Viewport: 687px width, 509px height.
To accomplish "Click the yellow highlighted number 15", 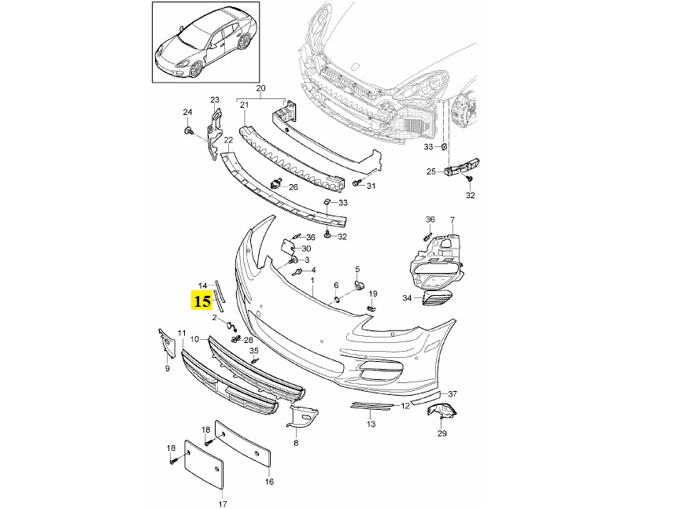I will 202,301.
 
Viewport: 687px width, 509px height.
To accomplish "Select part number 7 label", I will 452,219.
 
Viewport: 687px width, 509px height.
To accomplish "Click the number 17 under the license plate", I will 222,503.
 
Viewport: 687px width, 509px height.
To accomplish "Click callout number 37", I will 452,393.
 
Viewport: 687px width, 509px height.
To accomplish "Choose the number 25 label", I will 431,172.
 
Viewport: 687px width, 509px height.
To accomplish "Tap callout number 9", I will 167,367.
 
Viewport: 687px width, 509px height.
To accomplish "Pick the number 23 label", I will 214,100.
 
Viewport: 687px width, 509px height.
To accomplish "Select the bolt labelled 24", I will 189,131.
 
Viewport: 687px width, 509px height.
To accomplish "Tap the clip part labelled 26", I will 276,185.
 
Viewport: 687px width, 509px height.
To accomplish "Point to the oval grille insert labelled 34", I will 438,299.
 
